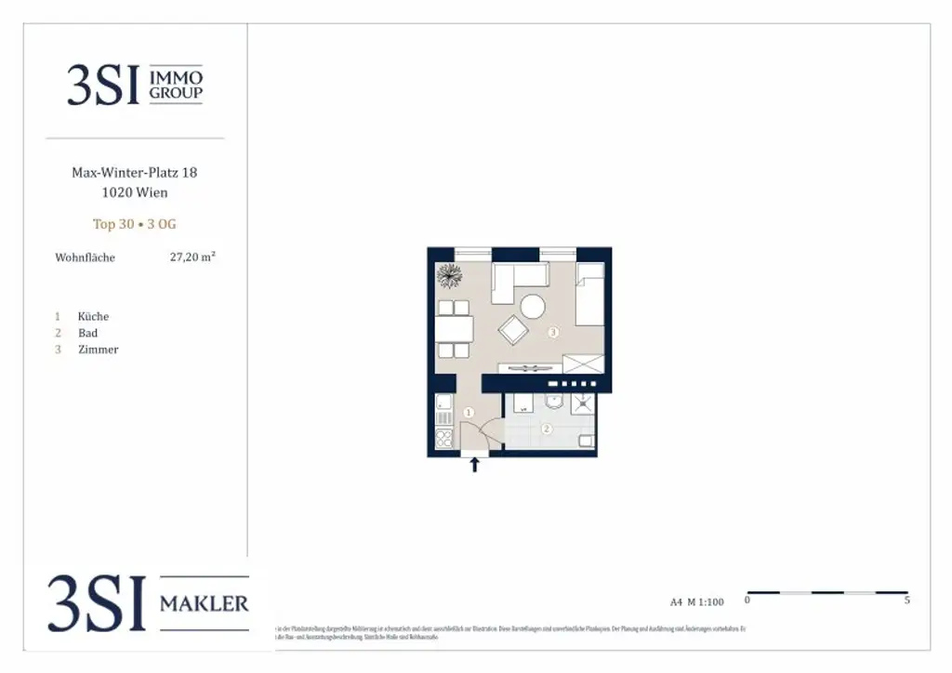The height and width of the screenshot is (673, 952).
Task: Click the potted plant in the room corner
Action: point(449,276)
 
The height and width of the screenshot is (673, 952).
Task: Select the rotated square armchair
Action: point(513,330)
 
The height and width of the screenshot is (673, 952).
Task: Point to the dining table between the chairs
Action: point(454,329)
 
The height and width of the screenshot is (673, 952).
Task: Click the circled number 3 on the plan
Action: point(553,332)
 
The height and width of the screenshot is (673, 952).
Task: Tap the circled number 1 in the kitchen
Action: point(469,412)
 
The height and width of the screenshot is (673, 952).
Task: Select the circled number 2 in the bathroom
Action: point(547,429)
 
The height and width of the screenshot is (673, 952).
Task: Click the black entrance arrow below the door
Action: point(475,465)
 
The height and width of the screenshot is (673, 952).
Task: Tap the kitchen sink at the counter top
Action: point(443,403)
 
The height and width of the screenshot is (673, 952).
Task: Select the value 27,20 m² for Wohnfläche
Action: point(192,257)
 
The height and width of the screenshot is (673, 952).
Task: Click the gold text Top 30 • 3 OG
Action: point(135,224)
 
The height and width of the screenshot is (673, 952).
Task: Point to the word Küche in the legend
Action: point(93,316)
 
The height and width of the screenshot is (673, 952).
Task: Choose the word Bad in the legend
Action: point(87,333)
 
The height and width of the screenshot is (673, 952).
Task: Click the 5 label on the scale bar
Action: point(906,601)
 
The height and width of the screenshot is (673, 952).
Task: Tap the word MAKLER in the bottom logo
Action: point(205,604)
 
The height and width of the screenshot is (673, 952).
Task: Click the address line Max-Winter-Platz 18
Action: point(135,173)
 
